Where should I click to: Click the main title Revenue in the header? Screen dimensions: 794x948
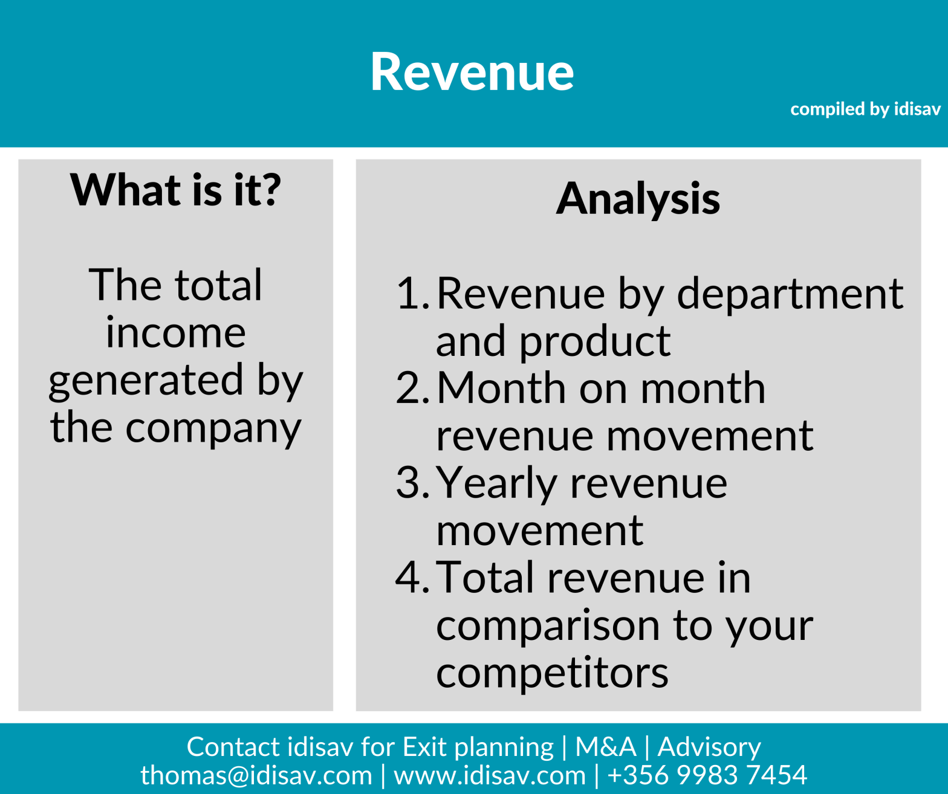click(472, 73)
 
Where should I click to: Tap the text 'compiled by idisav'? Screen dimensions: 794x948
click(865, 109)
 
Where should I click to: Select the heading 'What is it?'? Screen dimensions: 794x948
click(175, 190)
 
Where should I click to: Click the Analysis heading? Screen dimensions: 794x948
click(638, 199)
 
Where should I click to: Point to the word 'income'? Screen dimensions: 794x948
click(175, 333)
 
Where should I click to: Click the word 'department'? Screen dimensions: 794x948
click(790, 295)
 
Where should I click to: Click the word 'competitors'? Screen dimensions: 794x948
click(552, 673)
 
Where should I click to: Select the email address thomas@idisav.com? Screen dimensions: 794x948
click(256, 775)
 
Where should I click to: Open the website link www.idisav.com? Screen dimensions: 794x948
click(490, 775)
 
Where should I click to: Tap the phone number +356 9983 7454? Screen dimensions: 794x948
click(707, 775)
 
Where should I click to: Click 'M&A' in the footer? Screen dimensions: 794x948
click(605, 747)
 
